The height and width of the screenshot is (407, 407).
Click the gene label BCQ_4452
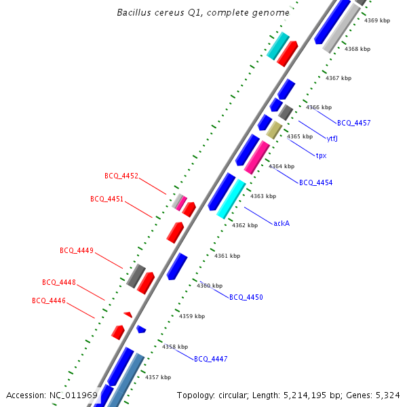(121, 176)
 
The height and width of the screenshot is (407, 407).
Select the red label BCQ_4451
(107, 199)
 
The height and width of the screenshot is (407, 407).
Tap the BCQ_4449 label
(77, 250)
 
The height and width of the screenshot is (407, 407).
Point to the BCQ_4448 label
(59, 282)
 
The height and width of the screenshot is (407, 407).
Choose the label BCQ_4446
(49, 301)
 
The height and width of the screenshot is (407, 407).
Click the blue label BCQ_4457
(354, 123)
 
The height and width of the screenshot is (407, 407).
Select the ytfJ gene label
(332, 139)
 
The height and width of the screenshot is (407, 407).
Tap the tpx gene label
(321, 155)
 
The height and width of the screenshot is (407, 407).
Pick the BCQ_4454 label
(316, 182)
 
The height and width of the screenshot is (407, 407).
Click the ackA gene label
(282, 222)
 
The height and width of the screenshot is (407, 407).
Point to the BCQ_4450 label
(246, 297)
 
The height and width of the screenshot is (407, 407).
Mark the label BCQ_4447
(211, 359)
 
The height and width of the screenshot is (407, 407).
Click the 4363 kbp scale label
(263, 196)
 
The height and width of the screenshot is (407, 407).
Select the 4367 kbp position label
(338, 78)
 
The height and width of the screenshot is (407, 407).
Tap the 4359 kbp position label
(192, 316)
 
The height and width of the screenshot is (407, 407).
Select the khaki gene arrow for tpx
(274, 130)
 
